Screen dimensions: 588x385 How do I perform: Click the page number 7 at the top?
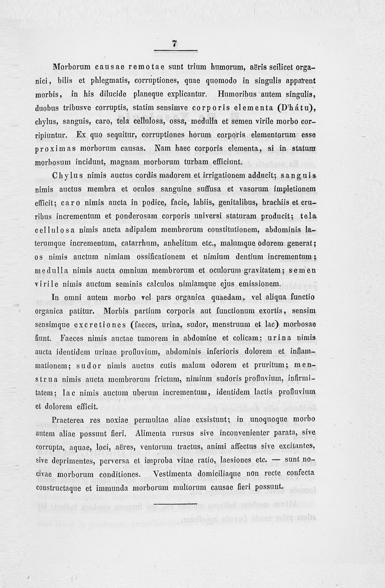click(x=175, y=44)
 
